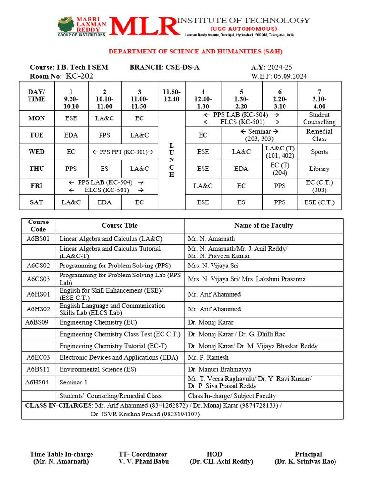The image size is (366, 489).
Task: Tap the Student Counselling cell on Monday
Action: point(319,118)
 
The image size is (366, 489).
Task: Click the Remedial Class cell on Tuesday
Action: point(319,135)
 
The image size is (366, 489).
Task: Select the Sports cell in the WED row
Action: point(319,152)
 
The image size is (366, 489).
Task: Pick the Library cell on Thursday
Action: point(319,169)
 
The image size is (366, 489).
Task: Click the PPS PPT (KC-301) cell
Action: point(122,152)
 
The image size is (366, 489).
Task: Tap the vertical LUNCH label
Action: point(172,160)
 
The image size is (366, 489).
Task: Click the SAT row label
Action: point(37,202)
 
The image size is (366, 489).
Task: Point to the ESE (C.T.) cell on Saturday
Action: point(319,202)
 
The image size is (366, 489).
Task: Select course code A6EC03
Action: point(38,357)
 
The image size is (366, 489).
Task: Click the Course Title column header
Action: point(120,225)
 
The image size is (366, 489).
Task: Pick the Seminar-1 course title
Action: point(74,383)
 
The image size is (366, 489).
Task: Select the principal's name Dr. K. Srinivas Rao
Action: point(305,461)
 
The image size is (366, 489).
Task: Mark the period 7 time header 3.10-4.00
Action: point(319,99)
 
